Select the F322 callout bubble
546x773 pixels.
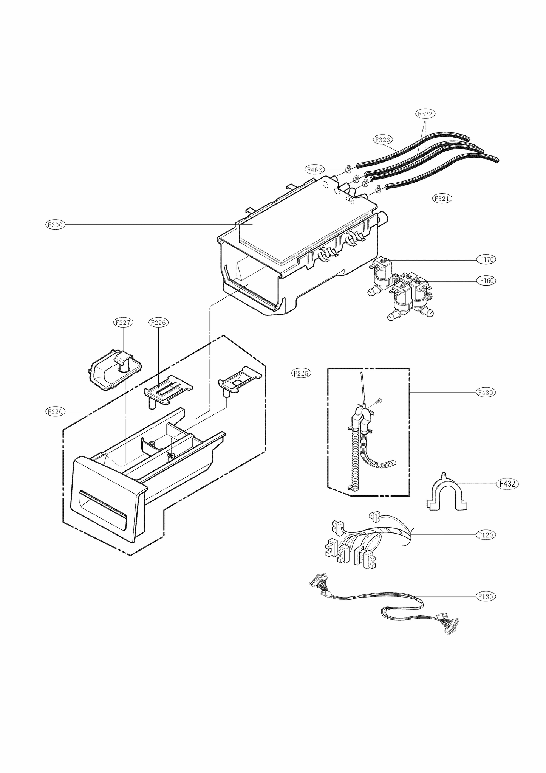click(x=425, y=113)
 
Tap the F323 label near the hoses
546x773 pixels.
click(x=382, y=140)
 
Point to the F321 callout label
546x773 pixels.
click(x=442, y=198)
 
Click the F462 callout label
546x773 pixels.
click(x=314, y=170)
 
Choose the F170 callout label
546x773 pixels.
click(x=486, y=259)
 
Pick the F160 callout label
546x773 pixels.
click(x=486, y=281)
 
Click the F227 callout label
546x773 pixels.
click(x=123, y=323)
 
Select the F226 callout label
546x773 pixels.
click(x=158, y=323)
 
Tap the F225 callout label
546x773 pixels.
click(x=301, y=373)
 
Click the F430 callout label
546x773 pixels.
click(x=486, y=393)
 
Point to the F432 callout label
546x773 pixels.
click(x=507, y=483)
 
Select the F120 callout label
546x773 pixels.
click(x=486, y=535)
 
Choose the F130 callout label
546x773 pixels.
click(x=486, y=596)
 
